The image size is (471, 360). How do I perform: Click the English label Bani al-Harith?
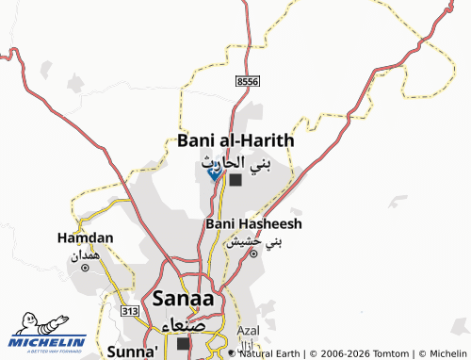point(235,140)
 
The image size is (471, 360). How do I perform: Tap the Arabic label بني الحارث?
point(236,162)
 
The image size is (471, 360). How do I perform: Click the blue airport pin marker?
point(214,172)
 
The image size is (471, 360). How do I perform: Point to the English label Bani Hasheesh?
point(253,224)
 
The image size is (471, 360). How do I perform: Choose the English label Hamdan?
point(85,237)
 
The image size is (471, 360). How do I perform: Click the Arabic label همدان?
point(85,254)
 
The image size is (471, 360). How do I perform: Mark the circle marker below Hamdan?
point(85,268)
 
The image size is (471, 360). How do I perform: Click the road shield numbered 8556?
point(248,83)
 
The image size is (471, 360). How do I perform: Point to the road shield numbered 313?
point(130,310)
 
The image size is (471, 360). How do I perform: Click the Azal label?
point(249,331)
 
